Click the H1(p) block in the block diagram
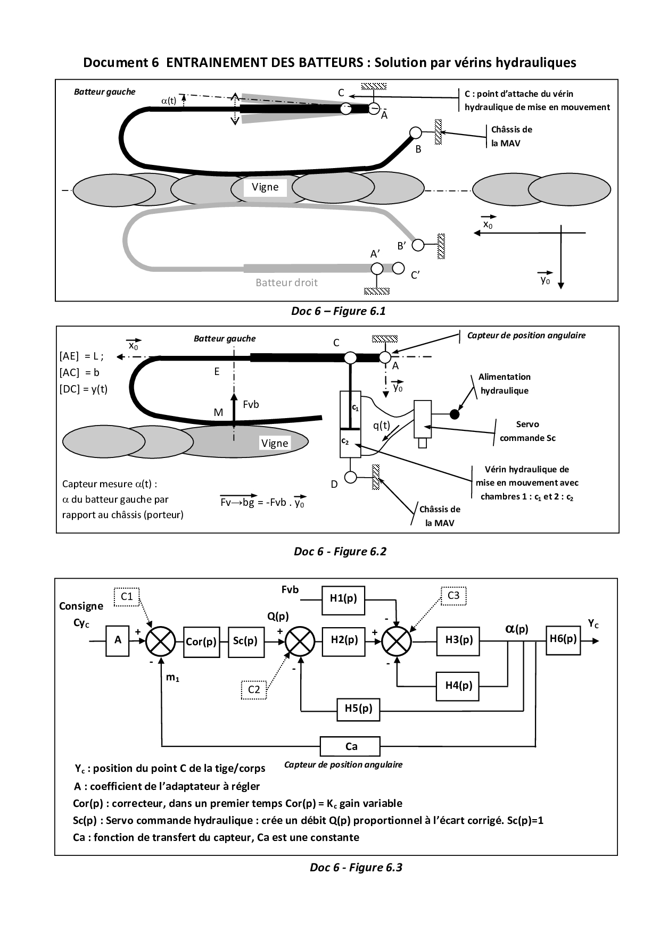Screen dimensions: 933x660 point(343,598)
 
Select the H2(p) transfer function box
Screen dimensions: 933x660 point(344,640)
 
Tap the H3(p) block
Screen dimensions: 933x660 point(459,640)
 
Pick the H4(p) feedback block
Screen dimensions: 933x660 point(459,686)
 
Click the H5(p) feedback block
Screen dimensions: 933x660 point(358,709)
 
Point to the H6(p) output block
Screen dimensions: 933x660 point(563,639)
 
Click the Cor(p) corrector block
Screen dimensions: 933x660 point(202,642)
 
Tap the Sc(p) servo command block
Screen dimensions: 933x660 point(245,641)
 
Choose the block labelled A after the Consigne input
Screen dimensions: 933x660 point(118,640)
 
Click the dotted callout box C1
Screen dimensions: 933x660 point(127,597)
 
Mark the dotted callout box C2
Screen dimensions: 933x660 point(254,690)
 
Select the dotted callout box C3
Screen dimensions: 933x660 point(453,596)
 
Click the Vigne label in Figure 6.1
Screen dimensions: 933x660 point(265,187)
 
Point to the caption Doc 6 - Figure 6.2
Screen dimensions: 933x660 point(340,552)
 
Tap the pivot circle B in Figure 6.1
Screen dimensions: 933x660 point(415,132)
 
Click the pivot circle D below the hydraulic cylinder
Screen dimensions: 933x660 point(350,477)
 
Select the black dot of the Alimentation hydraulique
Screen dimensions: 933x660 point(454,414)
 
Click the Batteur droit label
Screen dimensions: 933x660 point(286,283)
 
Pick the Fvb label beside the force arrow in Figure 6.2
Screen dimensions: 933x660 point(251,405)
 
